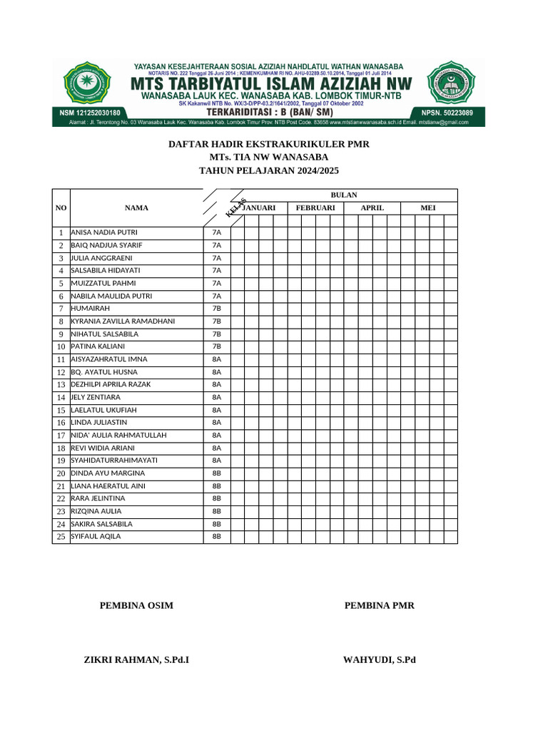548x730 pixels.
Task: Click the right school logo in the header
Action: coord(453,84)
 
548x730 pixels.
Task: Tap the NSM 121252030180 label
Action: coord(89,113)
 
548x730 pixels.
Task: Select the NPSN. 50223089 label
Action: coord(447,113)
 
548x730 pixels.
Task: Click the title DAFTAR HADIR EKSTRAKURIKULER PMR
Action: coord(268,144)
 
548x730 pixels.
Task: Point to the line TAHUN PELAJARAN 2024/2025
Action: coord(268,170)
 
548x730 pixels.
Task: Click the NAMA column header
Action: coord(136,207)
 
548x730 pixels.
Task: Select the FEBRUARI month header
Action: coord(315,207)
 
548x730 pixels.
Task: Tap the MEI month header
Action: coord(428,207)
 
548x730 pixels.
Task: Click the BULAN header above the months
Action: coord(344,195)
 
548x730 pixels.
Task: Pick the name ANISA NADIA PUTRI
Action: coord(104,232)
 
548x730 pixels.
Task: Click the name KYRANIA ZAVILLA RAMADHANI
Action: coord(123,322)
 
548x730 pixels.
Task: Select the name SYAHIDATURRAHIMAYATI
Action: coord(113,461)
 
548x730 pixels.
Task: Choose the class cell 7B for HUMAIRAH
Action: coord(217,309)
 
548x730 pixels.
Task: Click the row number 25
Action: coord(61,537)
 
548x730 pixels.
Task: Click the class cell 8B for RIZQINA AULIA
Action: coord(217,511)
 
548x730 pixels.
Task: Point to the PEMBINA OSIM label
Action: coord(136,606)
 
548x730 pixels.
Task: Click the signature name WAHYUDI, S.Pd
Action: coord(379,660)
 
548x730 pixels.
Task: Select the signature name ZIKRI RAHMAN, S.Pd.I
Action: coord(136,660)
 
